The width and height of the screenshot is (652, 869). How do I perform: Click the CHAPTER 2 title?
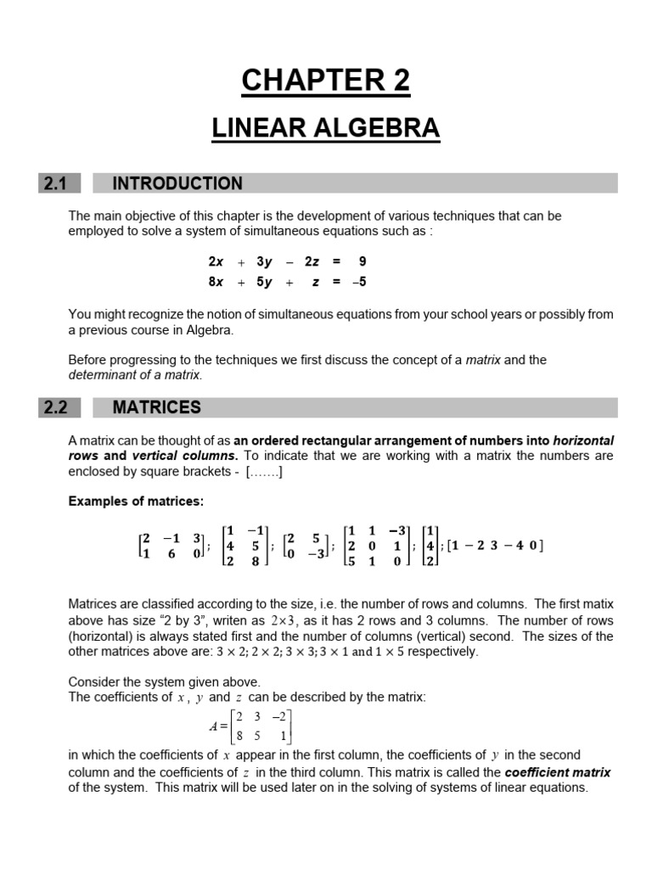[x=325, y=81]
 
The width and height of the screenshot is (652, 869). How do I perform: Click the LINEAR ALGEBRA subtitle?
[x=325, y=128]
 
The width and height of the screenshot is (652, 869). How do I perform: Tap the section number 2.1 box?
[x=59, y=183]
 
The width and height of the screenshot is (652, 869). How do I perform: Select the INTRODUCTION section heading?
[x=177, y=183]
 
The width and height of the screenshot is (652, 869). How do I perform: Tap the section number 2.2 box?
[x=59, y=407]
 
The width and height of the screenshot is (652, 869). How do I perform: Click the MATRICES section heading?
[x=157, y=407]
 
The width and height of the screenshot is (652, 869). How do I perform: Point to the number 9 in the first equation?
[x=362, y=261]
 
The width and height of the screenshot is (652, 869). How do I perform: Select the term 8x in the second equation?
[x=216, y=282]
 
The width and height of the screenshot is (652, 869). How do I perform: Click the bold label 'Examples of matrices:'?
[x=136, y=501]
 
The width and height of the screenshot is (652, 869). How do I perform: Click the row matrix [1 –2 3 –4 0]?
[x=495, y=546]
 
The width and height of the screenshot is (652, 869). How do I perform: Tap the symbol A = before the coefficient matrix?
[x=217, y=726]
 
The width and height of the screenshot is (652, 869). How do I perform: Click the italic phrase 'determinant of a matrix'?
[x=135, y=374]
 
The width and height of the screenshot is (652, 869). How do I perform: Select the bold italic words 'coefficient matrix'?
[x=558, y=772]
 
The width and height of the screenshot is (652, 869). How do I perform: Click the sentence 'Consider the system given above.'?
[x=164, y=681]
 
